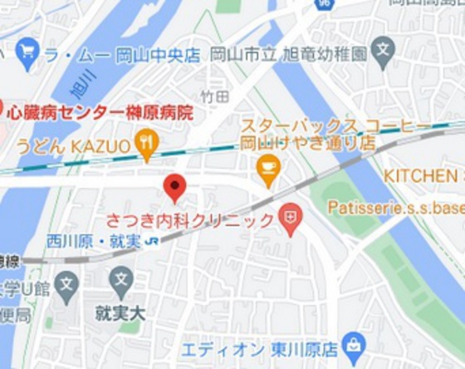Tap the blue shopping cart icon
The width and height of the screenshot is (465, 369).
pos(27,54)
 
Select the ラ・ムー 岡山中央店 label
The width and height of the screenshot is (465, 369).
pos(122,56)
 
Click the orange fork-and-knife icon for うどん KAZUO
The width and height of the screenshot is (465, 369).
pos(147,145)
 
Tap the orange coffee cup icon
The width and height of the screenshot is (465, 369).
pos(268,170)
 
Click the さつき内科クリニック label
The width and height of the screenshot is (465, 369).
pos(190,221)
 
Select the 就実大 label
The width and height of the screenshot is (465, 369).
pos(120,313)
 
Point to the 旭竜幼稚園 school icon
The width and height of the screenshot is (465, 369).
pos(383,51)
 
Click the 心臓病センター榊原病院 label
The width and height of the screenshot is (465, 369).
pos(100,112)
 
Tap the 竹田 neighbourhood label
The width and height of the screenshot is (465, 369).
pos(214,97)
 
